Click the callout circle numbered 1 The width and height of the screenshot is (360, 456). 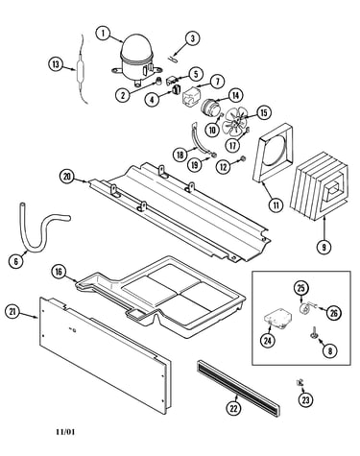tap(104, 34)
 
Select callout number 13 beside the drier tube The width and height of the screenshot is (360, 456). tap(56, 64)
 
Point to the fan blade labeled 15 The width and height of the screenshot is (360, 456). tap(235, 122)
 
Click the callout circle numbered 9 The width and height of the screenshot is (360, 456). tap(324, 247)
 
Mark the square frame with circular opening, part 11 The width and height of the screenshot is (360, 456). tap(274, 154)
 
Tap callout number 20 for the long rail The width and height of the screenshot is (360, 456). tap(67, 177)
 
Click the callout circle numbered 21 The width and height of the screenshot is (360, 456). tap(12, 312)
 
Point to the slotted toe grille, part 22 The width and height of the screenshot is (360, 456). tap(238, 388)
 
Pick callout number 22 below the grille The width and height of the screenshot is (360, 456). tap(234, 408)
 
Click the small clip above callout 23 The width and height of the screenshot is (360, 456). tap(300, 382)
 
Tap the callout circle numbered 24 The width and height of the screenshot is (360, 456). tap(268, 341)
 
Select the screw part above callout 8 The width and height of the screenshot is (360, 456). tap(313, 332)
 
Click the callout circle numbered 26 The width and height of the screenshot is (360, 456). tap(334, 313)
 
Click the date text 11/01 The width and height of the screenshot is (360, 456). tap(65, 432)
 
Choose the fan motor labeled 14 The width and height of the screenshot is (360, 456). tap(209, 107)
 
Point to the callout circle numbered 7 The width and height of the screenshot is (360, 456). tap(217, 82)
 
